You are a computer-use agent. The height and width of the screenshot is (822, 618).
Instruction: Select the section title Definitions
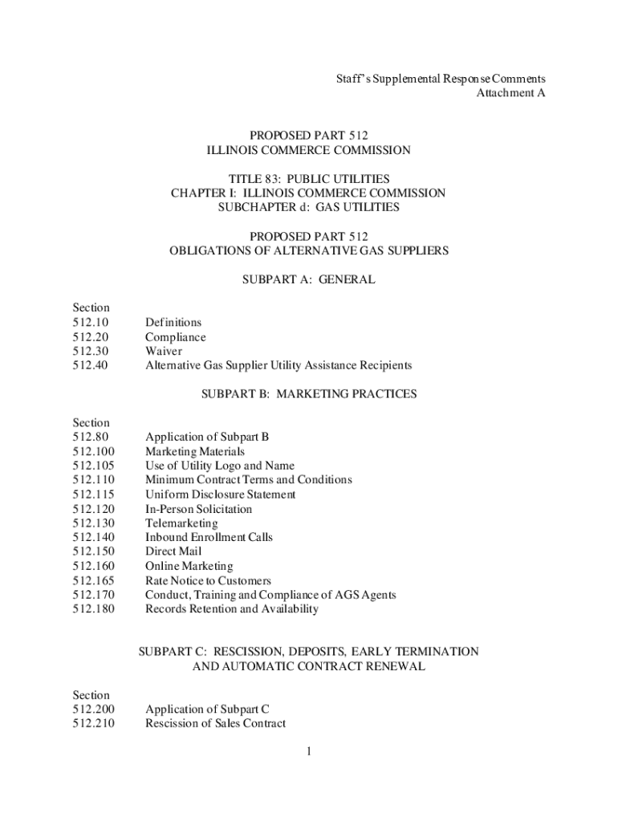(x=173, y=323)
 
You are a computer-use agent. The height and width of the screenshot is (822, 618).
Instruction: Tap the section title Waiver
(x=164, y=351)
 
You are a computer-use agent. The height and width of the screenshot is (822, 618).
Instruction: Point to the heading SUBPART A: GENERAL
(x=308, y=280)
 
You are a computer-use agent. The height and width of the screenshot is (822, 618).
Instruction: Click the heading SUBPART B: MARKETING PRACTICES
(x=308, y=394)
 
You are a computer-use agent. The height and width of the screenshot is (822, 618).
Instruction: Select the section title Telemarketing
(x=181, y=523)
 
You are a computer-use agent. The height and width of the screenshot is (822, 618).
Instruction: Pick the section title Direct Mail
(x=173, y=551)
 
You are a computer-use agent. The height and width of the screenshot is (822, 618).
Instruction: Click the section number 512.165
(x=93, y=580)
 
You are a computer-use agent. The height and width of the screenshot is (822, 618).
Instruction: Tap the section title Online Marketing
(x=189, y=566)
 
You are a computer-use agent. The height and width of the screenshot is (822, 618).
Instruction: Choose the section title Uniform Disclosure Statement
(x=220, y=494)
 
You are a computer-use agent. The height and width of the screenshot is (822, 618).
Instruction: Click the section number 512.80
(x=90, y=437)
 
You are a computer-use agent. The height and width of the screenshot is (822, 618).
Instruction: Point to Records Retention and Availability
(x=231, y=608)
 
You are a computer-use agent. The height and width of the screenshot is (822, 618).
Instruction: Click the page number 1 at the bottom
(x=308, y=752)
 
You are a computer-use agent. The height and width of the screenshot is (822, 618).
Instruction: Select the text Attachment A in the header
(x=511, y=93)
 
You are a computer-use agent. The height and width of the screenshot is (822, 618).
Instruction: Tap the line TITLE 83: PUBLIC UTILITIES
(x=308, y=178)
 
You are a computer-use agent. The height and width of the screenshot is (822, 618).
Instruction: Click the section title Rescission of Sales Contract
(x=215, y=723)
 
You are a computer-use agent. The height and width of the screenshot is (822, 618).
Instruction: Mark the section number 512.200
(x=93, y=710)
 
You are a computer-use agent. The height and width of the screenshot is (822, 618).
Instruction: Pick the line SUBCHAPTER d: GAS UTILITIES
(x=308, y=207)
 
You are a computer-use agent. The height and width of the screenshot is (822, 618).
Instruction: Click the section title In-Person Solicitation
(x=198, y=509)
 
